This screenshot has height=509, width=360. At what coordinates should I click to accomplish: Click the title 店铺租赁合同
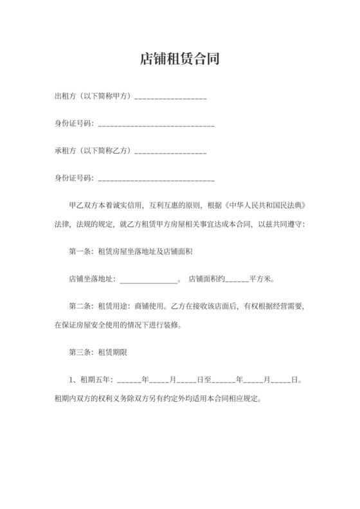tap(180, 60)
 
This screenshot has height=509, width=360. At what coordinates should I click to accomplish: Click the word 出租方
tap(64, 96)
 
